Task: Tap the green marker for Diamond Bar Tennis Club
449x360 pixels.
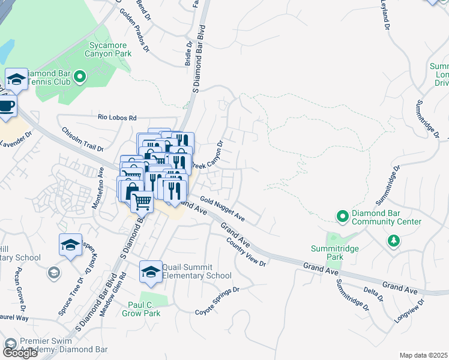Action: (80, 77)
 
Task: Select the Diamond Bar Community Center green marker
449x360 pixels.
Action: (342, 215)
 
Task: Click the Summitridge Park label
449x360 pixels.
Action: (327, 253)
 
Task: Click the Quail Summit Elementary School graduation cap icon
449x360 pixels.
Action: (151, 271)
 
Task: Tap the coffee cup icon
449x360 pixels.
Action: (7, 105)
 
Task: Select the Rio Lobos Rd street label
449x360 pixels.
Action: (118, 118)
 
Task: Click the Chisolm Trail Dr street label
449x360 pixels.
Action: (82, 139)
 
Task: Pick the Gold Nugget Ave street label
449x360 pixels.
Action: (222, 208)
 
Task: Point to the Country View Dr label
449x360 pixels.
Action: (246, 253)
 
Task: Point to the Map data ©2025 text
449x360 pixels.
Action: (423, 355)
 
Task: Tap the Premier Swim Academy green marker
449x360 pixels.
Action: (10, 344)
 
